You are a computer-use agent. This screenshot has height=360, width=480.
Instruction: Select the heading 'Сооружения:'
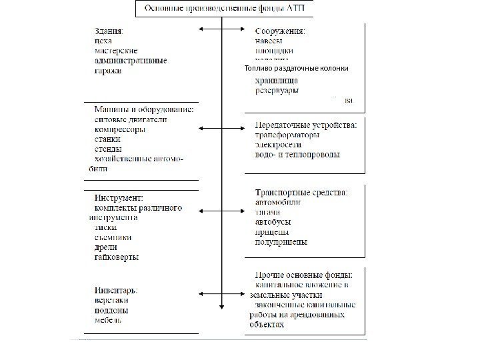pyautogui.click(x=281, y=30)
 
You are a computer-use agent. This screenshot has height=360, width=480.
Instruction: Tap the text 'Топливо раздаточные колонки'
pyautogui.click(x=296, y=69)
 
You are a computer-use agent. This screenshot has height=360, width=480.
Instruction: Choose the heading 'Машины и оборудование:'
pyautogui.click(x=143, y=110)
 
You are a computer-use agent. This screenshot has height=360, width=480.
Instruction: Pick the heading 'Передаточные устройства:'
pyautogui.click(x=307, y=124)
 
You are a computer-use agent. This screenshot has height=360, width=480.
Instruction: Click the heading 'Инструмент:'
pyautogui.click(x=119, y=198)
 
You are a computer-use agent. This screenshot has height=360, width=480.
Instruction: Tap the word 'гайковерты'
pyautogui.click(x=117, y=257)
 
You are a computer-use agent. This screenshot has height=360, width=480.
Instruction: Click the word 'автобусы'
pyautogui.click(x=273, y=222)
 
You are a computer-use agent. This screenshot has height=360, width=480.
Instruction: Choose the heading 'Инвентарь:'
pyautogui.click(x=117, y=290)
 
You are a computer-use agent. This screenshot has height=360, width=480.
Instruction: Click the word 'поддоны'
pyautogui.click(x=111, y=310)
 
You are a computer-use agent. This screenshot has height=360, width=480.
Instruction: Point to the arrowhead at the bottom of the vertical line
pyautogui.click(x=221, y=307)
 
